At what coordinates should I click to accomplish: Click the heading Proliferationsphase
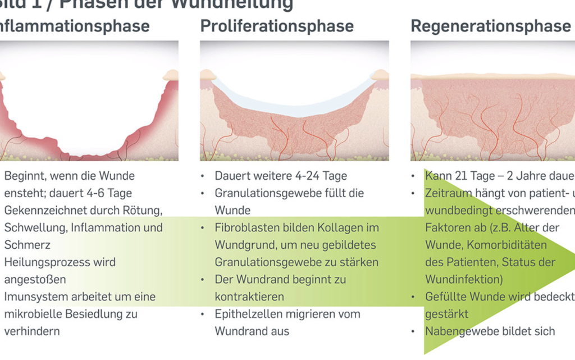(277, 26)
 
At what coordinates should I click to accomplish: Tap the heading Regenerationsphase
(491, 26)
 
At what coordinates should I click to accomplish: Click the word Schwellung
(33, 228)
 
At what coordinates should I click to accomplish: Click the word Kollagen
(342, 228)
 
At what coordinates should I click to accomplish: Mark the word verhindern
(31, 331)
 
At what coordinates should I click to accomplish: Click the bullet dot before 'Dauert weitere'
(202, 176)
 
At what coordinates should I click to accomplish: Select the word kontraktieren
(249, 297)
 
